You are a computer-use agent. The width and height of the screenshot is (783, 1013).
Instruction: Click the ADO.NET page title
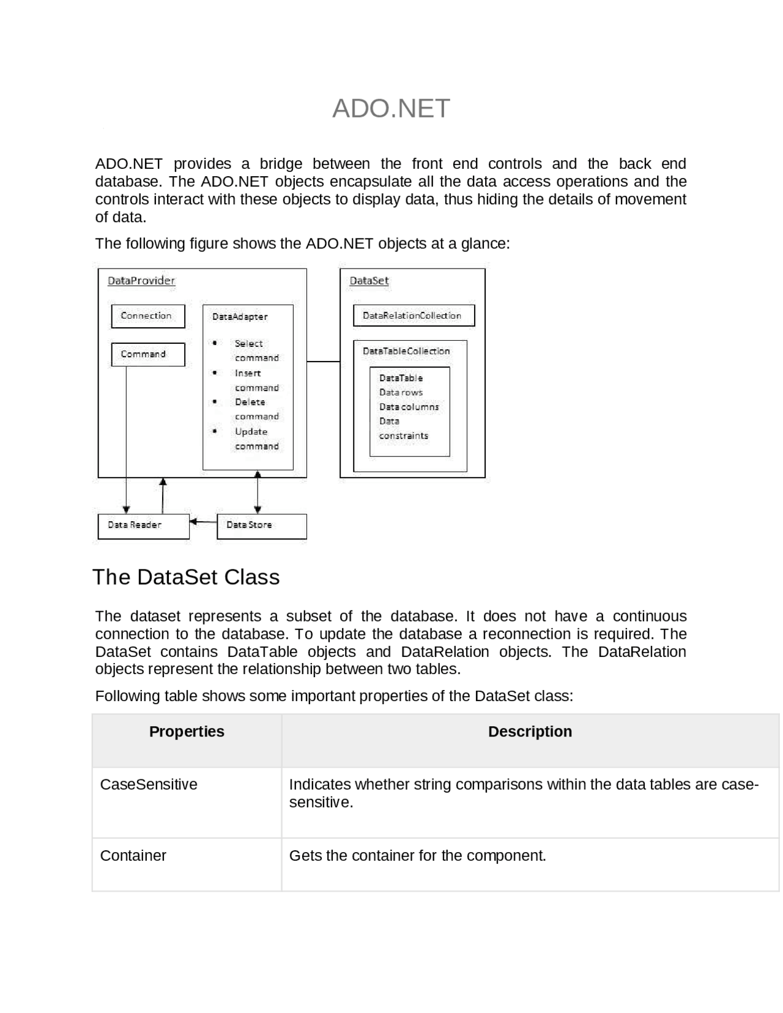point(391,108)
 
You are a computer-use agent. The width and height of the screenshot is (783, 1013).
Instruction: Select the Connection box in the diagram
point(147,316)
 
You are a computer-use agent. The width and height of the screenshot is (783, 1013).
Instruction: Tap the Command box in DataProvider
point(147,354)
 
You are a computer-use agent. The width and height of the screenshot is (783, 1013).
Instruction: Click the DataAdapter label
point(240,316)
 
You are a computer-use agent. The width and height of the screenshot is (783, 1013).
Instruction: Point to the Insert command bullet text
point(256,380)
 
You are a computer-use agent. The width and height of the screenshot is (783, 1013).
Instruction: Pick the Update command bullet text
point(256,439)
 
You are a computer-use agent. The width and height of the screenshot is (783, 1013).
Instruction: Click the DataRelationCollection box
point(414,316)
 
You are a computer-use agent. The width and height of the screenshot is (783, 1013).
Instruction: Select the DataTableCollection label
point(406,351)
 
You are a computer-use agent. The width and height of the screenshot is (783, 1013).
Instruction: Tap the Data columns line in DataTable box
point(409,407)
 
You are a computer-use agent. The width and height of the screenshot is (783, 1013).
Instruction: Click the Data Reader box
point(143,525)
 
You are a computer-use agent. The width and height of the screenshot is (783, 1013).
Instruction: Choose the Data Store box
point(261,525)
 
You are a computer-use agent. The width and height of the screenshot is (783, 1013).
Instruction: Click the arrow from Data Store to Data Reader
point(203,522)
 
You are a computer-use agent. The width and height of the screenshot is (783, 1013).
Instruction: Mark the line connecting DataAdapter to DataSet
point(323,362)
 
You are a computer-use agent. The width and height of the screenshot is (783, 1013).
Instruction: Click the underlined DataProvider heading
point(141,281)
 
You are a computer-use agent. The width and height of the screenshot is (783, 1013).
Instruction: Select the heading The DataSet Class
point(186,577)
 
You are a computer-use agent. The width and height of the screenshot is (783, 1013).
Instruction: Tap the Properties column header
point(187,732)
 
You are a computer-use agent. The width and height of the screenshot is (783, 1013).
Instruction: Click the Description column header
point(530,732)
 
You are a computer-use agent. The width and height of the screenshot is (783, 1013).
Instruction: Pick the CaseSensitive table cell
point(149,784)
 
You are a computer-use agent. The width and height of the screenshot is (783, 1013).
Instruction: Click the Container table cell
point(133,855)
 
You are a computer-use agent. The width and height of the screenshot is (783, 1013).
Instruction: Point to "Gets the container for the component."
point(417,855)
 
